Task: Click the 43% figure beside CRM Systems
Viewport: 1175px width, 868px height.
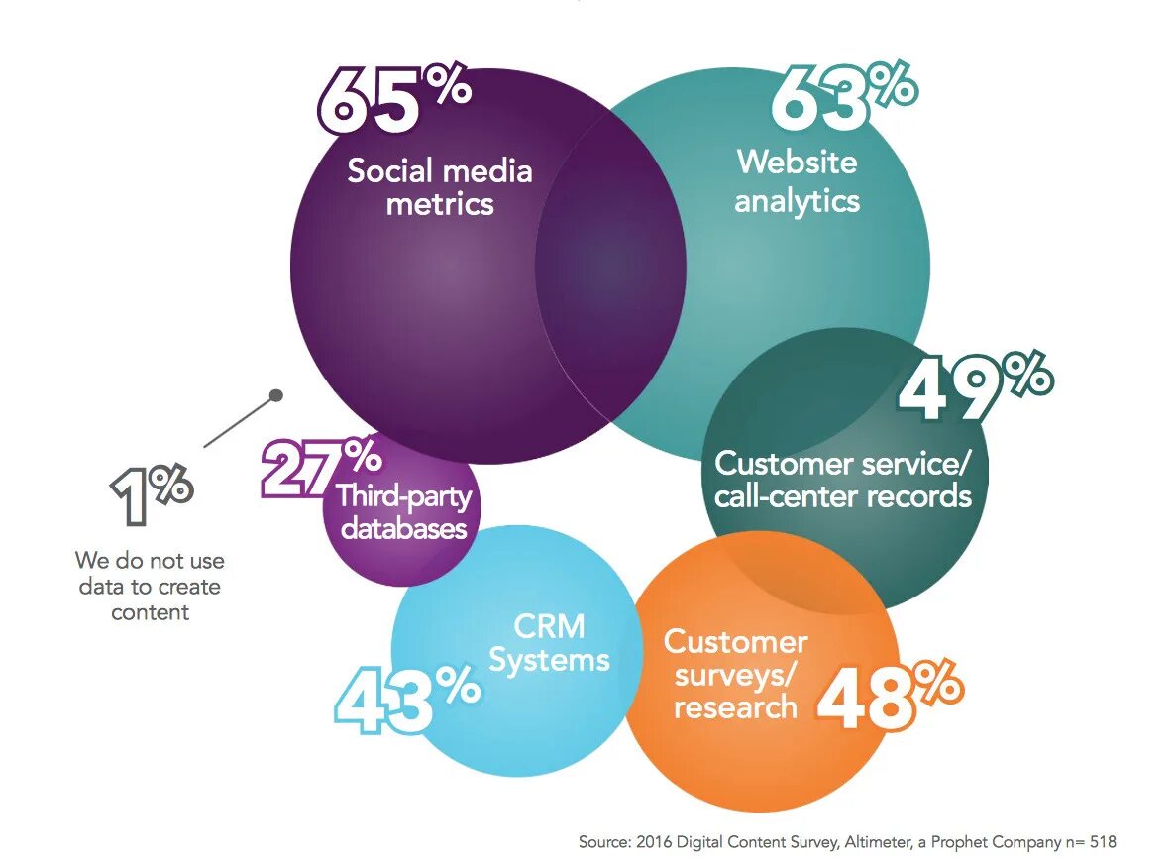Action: tap(405, 698)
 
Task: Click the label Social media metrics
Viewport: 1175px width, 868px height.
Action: tap(439, 187)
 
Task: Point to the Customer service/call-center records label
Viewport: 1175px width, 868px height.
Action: tap(843, 479)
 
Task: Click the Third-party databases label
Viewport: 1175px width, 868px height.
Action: tap(402, 511)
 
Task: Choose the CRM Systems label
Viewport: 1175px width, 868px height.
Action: tap(550, 642)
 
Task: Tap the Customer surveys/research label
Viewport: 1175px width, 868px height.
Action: tap(734, 674)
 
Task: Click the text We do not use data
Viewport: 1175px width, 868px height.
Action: tap(150, 587)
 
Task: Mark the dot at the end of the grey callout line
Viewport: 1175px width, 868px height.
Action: tap(276, 395)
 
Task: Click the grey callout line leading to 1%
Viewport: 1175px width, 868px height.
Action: tap(239, 422)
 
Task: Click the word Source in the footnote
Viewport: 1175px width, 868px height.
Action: tap(604, 842)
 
